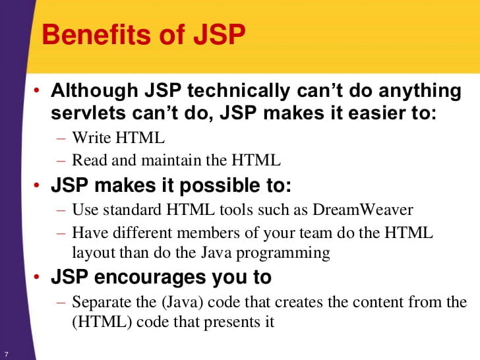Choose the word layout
click(x=92, y=253)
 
